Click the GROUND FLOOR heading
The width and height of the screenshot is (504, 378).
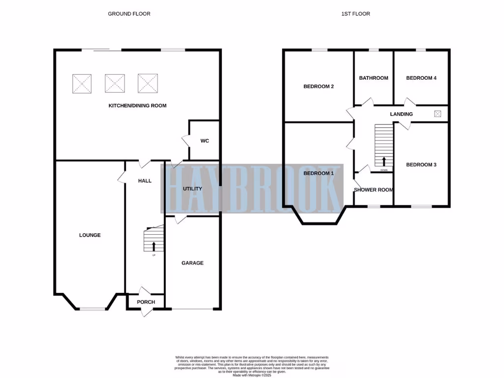[x=129, y=14]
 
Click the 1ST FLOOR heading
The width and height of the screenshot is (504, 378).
[x=355, y=14]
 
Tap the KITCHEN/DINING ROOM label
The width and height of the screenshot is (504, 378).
[x=137, y=105]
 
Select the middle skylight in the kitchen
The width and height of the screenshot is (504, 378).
[x=115, y=83]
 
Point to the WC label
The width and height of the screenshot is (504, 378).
[x=205, y=141]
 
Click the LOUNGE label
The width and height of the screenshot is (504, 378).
[x=90, y=235]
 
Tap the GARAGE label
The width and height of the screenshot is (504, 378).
[x=192, y=263]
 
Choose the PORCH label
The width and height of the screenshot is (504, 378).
[x=146, y=302]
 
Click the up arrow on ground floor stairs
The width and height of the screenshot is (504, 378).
[x=154, y=246]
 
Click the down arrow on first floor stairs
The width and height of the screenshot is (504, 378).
[x=384, y=161]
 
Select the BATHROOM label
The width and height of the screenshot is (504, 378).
[x=374, y=78]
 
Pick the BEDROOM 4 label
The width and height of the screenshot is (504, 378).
[x=421, y=78]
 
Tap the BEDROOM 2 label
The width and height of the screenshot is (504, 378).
[x=318, y=87]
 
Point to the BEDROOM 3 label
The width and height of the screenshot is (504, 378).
[x=421, y=165]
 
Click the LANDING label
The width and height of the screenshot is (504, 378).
[x=401, y=114]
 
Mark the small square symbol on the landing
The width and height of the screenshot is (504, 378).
[x=438, y=114]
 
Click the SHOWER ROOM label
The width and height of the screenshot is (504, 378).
[x=373, y=190]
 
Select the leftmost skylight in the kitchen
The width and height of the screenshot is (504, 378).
[x=82, y=83]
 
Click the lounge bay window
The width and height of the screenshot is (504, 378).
[x=93, y=309]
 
